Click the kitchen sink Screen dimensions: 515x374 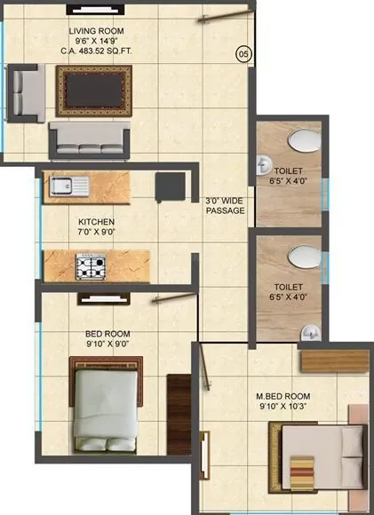pyautogui.click(x=65, y=186)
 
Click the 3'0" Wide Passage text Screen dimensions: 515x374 pyautogui.click(x=225, y=206)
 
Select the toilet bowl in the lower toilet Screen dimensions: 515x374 pyautogui.click(x=301, y=255)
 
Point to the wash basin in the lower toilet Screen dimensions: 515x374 pyautogui.click(x=308, y=332)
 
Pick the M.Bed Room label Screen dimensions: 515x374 pyautogui.click(x=284, y=401)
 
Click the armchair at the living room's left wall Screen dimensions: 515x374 pyautogui.click(x=24, y=92)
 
